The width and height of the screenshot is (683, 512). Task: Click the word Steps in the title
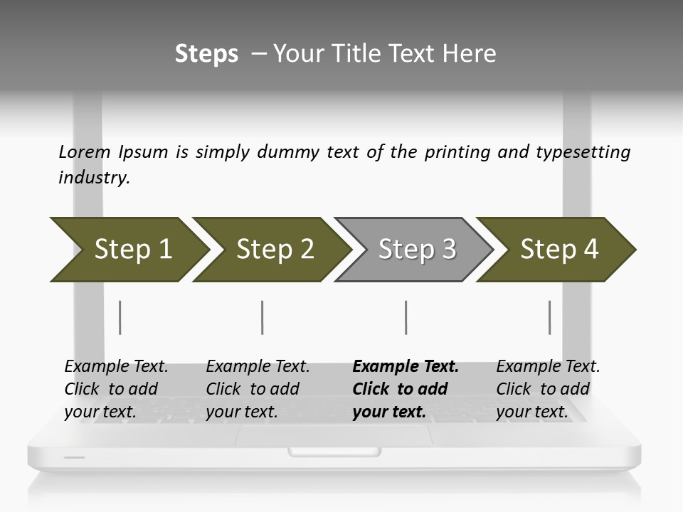tap(206, 53)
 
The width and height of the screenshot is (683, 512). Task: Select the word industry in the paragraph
tap(93, 177)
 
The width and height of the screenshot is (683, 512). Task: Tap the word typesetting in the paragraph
tap(583, 151)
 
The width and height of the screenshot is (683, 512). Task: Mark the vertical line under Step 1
tap(120, 317)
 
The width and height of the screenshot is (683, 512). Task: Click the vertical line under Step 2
tap(263, 317)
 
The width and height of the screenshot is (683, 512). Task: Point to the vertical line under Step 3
tap(406, 317)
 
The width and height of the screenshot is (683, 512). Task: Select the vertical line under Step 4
tap(549, 317)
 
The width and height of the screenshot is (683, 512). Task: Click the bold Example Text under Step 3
tap(406, 367)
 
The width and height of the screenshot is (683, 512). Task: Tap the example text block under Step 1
tap(116, 389)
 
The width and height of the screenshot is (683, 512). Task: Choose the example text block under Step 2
tap(258, 389)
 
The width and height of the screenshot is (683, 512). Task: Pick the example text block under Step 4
tap(548, 389)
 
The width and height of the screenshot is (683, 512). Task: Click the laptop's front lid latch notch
tap(334, 452)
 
